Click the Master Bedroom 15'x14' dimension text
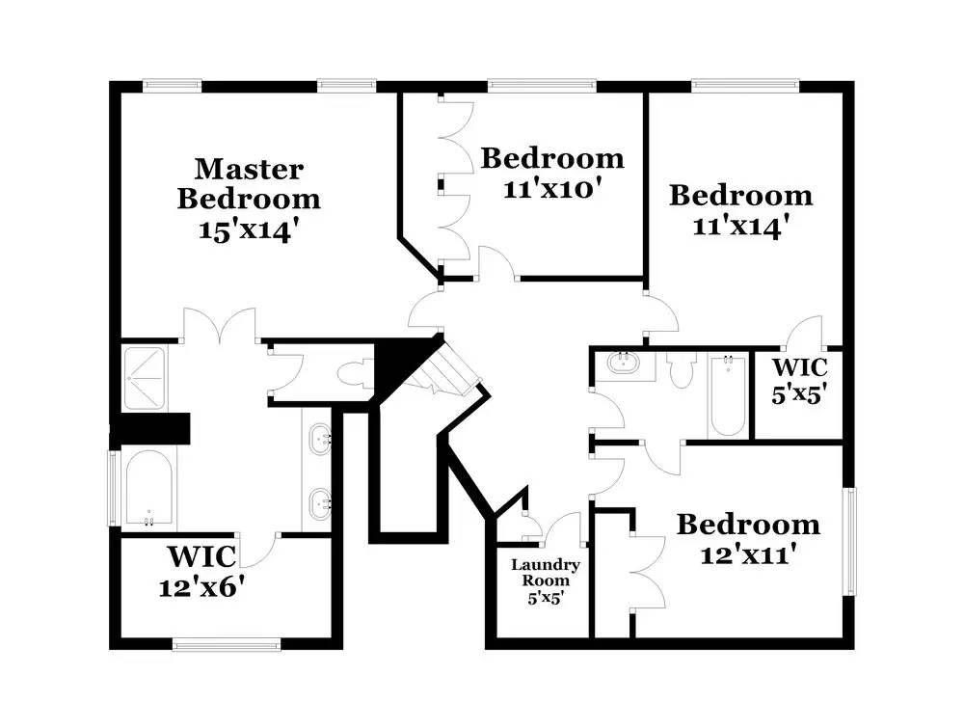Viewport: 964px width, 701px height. coord(250,230)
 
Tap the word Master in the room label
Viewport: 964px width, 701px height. coord(249,169)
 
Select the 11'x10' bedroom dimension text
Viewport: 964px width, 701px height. coord(551,188)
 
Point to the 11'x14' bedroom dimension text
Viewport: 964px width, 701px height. coord(740,226)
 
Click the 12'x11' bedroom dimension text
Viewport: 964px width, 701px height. coord(748,554)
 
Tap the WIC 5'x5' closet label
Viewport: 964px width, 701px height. coord(798,381)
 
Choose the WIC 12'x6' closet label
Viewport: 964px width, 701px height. coord(201,571)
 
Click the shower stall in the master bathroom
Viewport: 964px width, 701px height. coord(146,379)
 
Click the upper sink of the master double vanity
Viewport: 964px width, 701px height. coord(320,439)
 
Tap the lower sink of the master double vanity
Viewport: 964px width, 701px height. coord(320,504)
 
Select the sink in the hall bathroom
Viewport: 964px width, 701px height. coord(624,363)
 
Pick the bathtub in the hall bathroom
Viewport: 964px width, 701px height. coord(727,394)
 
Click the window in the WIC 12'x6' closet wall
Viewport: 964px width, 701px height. coord(227,644)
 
